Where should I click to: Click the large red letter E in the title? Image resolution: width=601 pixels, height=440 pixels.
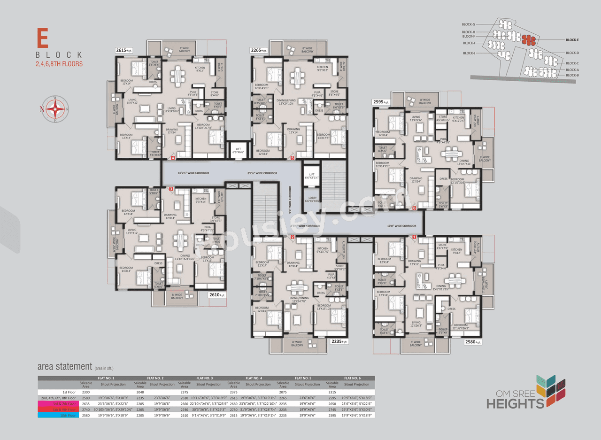(x=43, y=38)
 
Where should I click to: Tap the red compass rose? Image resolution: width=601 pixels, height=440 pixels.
(x=55, y=109)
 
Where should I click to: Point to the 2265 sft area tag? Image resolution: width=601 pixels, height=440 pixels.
(x=258, y=50)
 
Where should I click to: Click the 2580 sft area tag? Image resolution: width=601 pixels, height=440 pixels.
(x=472, y=342)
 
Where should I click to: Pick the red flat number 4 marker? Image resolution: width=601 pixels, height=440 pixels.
(x=173, y=158)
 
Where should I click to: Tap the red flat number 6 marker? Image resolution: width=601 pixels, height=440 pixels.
(x=414, y=208)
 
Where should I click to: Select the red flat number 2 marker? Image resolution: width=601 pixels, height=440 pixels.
(x=293, y=238)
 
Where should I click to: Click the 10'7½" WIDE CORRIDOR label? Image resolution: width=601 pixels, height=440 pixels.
(x=193, y=173)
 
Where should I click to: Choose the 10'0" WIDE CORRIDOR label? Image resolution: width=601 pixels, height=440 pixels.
(x=401, y=226)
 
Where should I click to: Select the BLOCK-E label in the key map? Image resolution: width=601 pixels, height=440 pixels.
(x=572, y=40)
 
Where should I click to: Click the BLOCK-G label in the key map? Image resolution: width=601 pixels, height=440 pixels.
(x=468, y=24)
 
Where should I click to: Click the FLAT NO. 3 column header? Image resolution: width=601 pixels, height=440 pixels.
(x=204, y=378)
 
